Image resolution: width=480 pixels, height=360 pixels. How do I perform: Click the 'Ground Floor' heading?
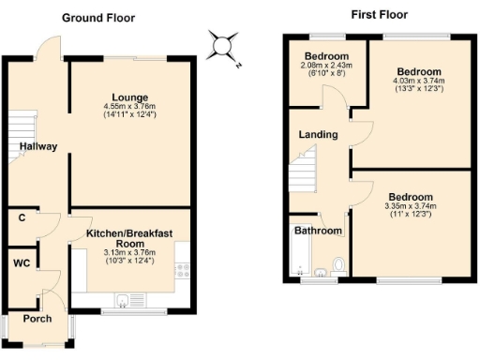(x=98, y=18)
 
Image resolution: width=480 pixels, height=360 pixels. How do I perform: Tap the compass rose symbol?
(x=222, y=47)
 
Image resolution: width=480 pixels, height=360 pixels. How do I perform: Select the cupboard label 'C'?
(x=21, y=218)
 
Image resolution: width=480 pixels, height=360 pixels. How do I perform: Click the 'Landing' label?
(x=318, y=134)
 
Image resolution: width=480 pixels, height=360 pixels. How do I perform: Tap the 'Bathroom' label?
(x=317, y=230)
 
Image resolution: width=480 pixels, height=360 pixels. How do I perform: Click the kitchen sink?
(x=124, y=300)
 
